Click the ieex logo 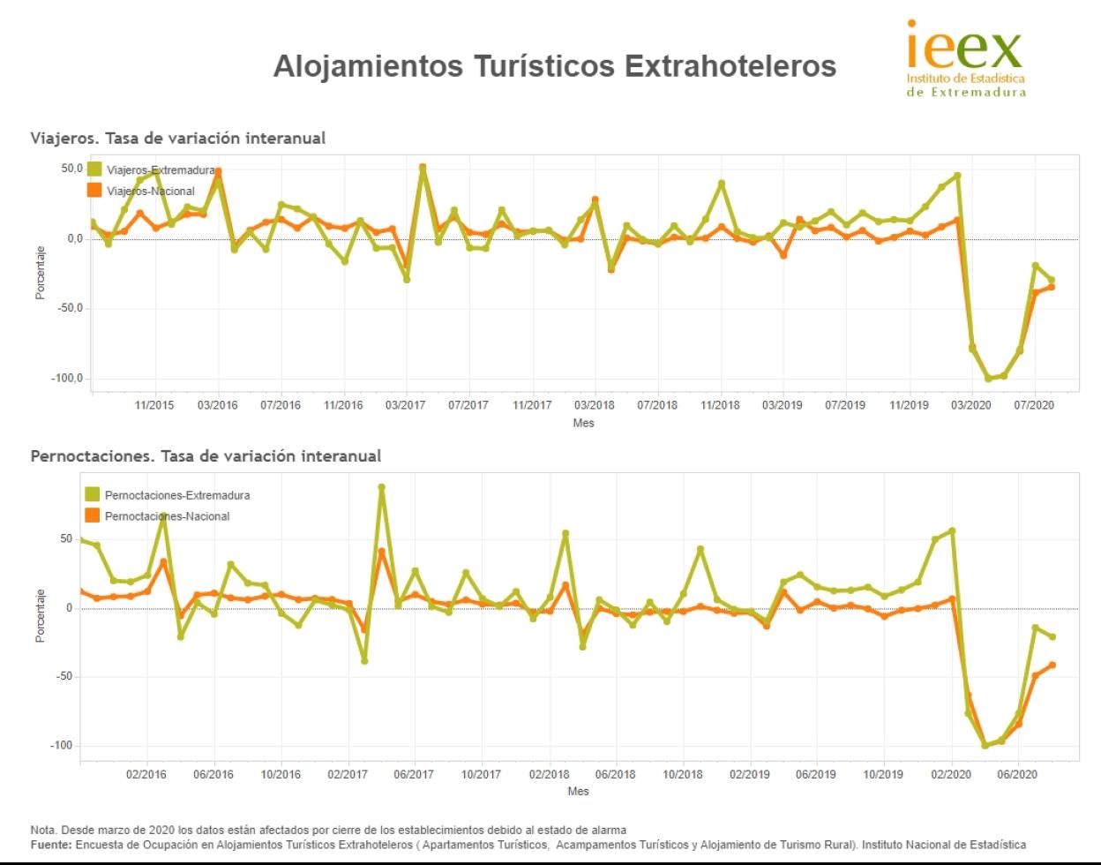pos(966,59)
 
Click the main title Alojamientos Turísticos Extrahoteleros pos(554,66)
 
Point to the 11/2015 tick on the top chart pos(154,405)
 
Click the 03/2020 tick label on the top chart pos(970,405)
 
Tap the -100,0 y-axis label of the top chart pos(65,379)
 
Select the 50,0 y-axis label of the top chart pos(71,168)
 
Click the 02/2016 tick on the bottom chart pos(146,774)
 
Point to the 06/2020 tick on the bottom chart pos(1017,774)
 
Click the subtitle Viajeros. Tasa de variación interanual pos(178,138)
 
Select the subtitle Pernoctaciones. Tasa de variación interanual pos(206,456)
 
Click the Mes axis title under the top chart pos(583,423)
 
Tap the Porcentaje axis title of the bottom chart pos(41,615)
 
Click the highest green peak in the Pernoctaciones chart pos(382,487)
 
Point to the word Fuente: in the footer pos(50,844)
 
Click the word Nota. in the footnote pos(43,830)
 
